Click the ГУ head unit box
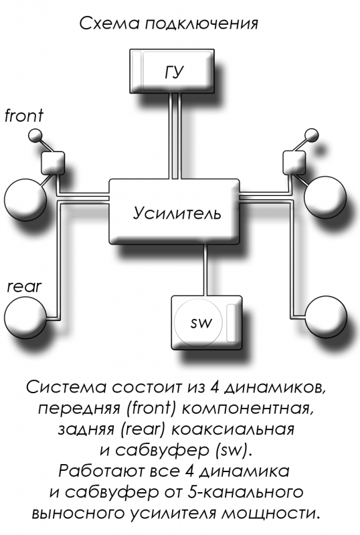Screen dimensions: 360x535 pyautogui.click(x=172, y=71)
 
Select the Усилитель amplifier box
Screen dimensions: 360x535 pyautogui.click(x=174, y=211)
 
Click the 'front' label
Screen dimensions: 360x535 pyautogui.click(x=24, y=115)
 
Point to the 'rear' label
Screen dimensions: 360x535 pyautogui.click(x=24, y=287)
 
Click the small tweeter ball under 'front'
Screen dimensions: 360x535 pyautogui.click(x=34, y=136)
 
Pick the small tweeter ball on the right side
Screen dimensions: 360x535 pyautogui.click(x=312, y=135)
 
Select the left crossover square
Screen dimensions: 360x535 pyautogui.click(x=53, y=163)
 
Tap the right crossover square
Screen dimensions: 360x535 pyautogui.click(x=294, y=163)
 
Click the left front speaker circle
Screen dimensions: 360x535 pyautogui.click(x=25, y=199)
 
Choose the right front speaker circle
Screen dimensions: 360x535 pyautogui.click(x=325, y=198)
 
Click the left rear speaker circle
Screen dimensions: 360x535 pyautogui.click(x=25, y=317)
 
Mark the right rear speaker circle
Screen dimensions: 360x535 pyautogui.click(x=326, y=316)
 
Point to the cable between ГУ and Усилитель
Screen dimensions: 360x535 pyautogui.click(x=175, y=136)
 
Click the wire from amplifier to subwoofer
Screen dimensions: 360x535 pyautogui.click(x=205, y=270)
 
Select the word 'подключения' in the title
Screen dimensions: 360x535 pyautogui.click(x=201, y=24)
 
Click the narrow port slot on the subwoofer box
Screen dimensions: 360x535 pyautogui.click(x=232, y=323)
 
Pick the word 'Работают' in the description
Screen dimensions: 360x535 pyautogui.click(x=102, y=471)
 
